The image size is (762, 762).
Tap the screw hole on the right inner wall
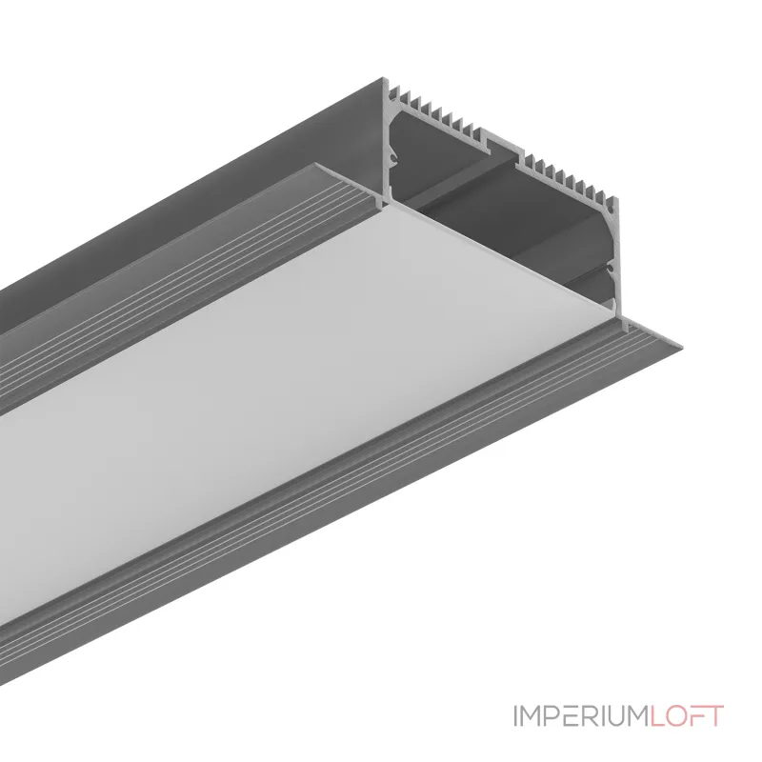(609, 269)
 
